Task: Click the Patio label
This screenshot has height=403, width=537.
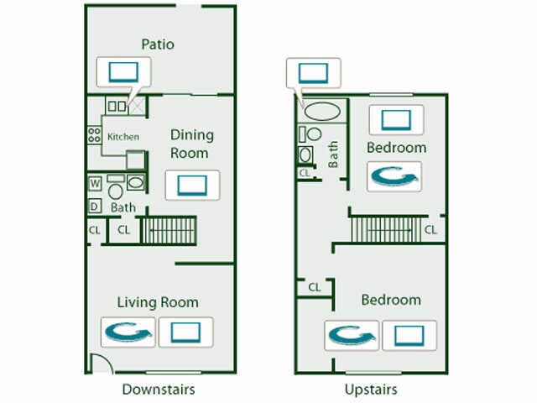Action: pos(157,44)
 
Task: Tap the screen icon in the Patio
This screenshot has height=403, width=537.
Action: pos(122,71)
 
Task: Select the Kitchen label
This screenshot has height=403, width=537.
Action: pos(123,136)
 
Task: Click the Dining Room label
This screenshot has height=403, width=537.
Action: pos(192,144)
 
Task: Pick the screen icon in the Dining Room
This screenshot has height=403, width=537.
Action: pos(192,185)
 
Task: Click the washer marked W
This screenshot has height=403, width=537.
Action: pos(94,182)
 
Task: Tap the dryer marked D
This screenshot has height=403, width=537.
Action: pos(94,206)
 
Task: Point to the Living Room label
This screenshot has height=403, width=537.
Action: pos(158,302)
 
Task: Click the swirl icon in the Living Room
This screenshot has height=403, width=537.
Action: pos(127,332)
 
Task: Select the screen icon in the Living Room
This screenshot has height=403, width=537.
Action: pos(185,332)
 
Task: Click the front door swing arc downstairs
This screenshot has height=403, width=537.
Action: pos(99,364)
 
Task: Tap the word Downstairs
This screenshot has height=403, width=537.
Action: pos(159,389)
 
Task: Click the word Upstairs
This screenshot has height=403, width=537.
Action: pos(370,389)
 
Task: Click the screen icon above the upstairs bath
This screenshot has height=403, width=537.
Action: pos(313,71)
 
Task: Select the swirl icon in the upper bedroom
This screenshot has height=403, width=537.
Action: pos(394,176)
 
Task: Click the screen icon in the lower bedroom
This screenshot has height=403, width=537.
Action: pos(409,336)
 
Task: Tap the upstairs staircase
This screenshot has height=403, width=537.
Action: pos(381,228)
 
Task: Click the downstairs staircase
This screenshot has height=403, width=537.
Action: pos(168,230)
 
